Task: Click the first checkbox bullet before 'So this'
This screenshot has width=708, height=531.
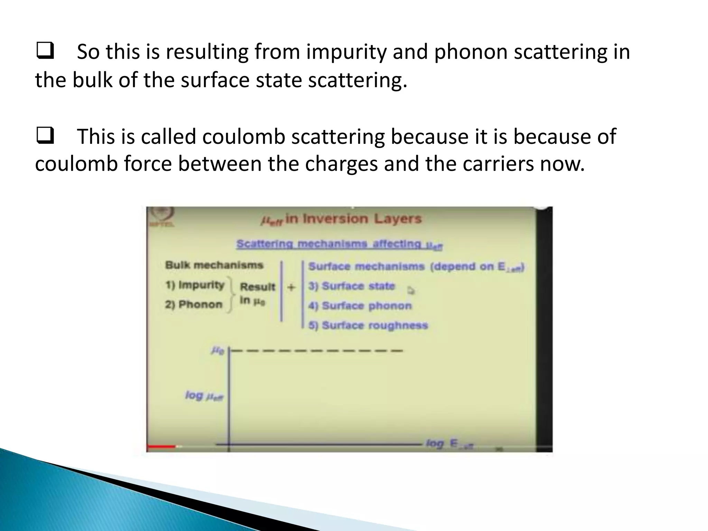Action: (x=45, y=51)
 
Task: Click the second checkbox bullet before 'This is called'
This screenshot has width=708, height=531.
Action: (x=45, y=136)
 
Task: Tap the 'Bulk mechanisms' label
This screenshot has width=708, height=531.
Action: (x=214, y=265)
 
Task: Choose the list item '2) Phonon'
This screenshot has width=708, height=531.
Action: (x=194, y=305)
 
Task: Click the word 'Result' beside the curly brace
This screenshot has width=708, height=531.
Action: (x=258, y=287)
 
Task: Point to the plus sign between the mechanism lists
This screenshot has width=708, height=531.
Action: (x=291, y=287)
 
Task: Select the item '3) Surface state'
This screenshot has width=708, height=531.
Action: (x=352, y=286)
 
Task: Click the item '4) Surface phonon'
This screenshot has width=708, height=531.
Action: (x=360, y=306)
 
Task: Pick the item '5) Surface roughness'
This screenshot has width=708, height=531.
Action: (x=368, y=325)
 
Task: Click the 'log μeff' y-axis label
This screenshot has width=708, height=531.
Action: (x=204, y=396)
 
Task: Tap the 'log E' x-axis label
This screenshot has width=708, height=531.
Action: (x=449, y=444)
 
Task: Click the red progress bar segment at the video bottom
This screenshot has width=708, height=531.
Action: (x=161, y=447)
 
